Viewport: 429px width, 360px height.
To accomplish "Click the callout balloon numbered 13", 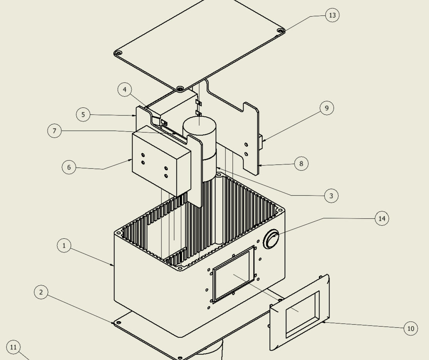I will click(x=332, y=15).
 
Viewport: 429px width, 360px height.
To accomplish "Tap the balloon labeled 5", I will click(x=83, y=115).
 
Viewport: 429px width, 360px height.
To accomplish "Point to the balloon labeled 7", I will click(x=54, y=131).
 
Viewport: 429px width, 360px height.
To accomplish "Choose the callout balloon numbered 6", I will click(x=69, y=167).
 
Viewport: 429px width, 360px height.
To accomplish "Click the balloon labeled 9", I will click(x=327, y=108).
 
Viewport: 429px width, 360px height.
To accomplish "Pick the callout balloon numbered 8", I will click(x=301, y=164).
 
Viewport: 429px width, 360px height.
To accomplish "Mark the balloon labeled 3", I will click(x=331, y=196).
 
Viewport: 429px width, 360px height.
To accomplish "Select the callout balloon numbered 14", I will click(x=382, y=219).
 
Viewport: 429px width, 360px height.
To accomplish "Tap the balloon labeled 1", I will click(x=64, y=245).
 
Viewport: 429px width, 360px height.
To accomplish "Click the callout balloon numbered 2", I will click(x=41, y=292).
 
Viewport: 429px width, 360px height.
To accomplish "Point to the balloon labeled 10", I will click(x=410, y=328).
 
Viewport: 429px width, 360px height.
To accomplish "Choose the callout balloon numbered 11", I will click(x=13, y=348).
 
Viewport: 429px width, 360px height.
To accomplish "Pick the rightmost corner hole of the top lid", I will click(x=280, y=30).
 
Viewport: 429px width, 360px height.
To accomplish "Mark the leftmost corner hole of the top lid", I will click(x=119, y=53).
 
